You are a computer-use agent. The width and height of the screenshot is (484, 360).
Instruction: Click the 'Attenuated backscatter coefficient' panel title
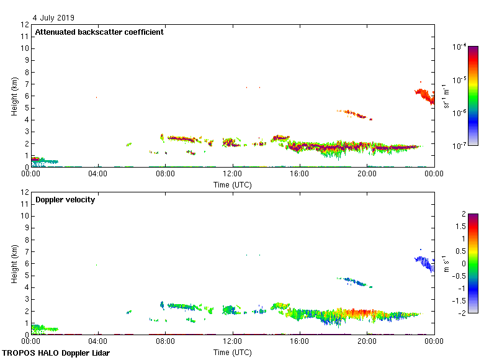coord(99,32)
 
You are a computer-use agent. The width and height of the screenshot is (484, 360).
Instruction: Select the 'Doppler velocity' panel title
coord(65,200)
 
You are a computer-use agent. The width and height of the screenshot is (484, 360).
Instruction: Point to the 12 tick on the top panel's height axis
coord(25,25)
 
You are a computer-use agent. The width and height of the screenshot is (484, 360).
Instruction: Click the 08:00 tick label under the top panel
coord(165,174)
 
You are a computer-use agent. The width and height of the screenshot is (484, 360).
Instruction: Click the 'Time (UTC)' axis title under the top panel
coord(233,184)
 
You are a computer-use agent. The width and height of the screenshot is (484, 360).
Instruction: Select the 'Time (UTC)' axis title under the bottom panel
coord(233,352)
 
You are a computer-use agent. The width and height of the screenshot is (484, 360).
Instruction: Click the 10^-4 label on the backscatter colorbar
coord(460,47)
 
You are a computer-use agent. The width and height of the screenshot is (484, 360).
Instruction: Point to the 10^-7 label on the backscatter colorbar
coord(460,145)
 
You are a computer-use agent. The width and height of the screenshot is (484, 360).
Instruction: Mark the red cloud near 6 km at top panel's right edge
coord(424,96)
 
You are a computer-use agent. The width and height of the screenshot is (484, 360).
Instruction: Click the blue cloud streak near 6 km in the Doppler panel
coord(424,263)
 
